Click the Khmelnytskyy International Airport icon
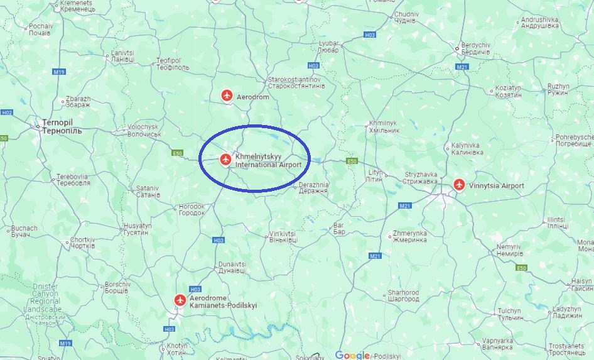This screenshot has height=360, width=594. [225, 160]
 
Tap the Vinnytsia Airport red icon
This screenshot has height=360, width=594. [460, 185]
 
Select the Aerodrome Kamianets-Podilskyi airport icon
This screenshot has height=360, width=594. [180, 301]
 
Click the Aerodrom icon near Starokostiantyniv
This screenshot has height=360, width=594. [227, 96]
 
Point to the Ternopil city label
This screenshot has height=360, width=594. [62, 126]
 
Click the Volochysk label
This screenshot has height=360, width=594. [144, 130]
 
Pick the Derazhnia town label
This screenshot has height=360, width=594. [313, 187]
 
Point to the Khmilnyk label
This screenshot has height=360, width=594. [384, 126]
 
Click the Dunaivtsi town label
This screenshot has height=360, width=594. [232, 268]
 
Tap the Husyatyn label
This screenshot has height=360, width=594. [138, 229]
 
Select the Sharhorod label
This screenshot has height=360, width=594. [403, 296]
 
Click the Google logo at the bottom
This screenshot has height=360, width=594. [352, 355]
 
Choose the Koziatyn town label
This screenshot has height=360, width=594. [509, 91]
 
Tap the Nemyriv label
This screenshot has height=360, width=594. [509, 250]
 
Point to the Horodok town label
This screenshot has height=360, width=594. [192, 209]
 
